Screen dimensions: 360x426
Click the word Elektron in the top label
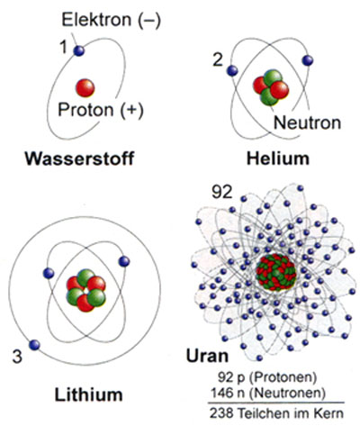[96, 20]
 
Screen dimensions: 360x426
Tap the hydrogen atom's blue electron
[79, 50]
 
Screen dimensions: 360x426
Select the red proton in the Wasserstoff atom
[85, 88]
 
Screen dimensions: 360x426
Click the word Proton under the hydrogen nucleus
[85, 109]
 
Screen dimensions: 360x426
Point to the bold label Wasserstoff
[79, 159]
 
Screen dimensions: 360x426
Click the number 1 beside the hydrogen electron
[64, 47]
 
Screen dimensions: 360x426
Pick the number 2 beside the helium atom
[218, 59]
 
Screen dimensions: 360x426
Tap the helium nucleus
[271, 87]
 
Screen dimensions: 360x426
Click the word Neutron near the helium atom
[307, 122]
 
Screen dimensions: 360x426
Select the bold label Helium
[278, 159]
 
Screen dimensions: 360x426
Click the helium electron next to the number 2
[232, 71]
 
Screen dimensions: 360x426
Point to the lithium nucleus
[86, 291]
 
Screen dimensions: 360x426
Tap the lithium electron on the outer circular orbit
[34, 345]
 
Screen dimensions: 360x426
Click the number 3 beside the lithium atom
[17, 357]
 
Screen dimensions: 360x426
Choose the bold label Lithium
[88, 394]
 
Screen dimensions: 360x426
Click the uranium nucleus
[276, 272]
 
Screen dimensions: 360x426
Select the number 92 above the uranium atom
[222, 192]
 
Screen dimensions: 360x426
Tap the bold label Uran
[207, 356]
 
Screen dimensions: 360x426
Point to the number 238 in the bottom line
[221, 413]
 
